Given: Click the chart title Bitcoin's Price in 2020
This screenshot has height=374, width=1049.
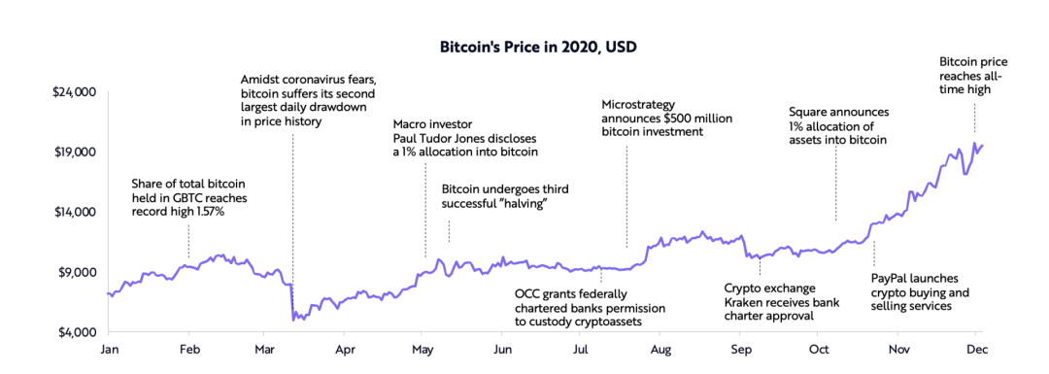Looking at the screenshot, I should [524, 46].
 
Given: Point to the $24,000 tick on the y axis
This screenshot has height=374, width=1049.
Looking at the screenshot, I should [74, 92].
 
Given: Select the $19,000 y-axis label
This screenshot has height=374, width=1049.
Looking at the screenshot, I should [74, 153].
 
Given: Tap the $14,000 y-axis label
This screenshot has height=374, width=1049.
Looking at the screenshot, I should [74, 213].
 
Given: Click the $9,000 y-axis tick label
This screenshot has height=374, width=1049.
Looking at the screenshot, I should [77, 273].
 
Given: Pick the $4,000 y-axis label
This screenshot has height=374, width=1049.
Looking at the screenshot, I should [77, 333].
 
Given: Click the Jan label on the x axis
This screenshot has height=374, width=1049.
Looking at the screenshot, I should [109, 349].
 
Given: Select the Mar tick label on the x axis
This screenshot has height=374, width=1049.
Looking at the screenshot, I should [265, 349].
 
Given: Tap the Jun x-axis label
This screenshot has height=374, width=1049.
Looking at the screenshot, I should [502, 349].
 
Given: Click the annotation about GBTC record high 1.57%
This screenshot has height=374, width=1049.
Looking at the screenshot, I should [188, 196].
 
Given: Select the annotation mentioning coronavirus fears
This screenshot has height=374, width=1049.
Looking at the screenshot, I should [307, 100].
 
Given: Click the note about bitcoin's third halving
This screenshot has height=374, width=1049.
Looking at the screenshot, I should [504, 196].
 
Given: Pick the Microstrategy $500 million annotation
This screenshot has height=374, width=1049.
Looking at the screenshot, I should [666, 118].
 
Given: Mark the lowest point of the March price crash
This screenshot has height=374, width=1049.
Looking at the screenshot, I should [295, 319].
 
